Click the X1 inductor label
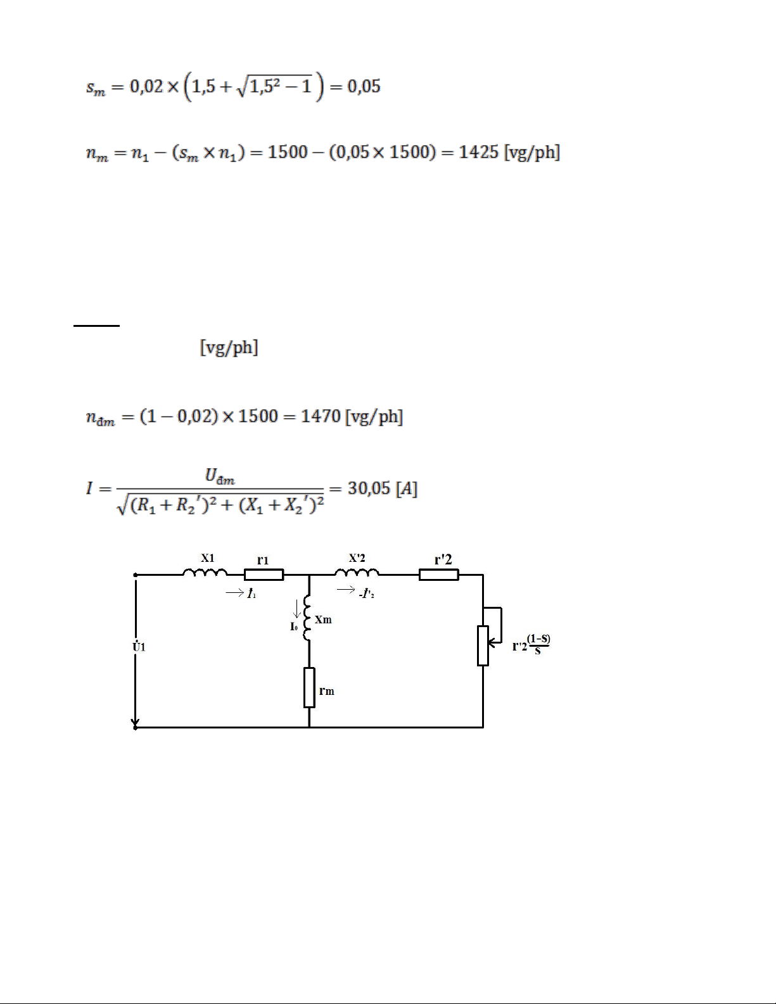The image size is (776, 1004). coord(208,558)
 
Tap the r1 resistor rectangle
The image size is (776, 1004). coord(264,575)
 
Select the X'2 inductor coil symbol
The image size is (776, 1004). coord(357,573)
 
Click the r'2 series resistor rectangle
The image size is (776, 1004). coord(439,575)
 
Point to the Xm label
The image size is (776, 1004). coord(323,620)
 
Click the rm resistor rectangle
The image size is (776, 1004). coord(309,687)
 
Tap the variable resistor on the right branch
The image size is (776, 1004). coord(483,645)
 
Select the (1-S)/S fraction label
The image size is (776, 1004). coord(538,644)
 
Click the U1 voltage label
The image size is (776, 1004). coord(139,645)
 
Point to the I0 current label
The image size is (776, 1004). coord(294,626)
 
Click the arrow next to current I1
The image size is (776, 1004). coord(234,592)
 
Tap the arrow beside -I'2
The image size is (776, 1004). coord(345,590)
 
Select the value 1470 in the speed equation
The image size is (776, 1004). coord(321,416)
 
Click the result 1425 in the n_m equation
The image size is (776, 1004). coord(478,152)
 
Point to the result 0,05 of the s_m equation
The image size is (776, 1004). coord(364,86)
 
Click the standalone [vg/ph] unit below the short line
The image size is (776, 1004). coord(229,347)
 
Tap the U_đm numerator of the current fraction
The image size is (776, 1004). coord(220,476)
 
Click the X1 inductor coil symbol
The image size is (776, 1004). coord(205,573)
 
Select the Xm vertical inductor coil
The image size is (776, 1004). coord(307,617)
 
